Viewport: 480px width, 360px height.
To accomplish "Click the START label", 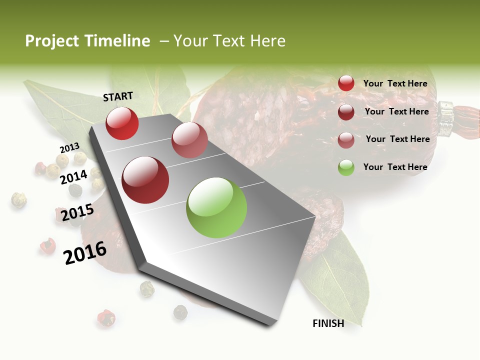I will (x=118, y=96).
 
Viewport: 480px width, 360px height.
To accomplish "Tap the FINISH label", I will (x=328, y=323).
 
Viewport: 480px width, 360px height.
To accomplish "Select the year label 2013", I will (x=69, y=148).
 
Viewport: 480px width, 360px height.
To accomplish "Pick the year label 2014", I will (x=74, y=177).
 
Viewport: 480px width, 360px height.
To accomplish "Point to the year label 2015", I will (x=77, y=212).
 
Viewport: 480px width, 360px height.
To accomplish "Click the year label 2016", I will (x=85, y=252).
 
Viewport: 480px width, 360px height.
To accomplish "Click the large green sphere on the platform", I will (x=216, y=207).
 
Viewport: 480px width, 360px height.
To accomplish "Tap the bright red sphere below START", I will (x=122, y=123).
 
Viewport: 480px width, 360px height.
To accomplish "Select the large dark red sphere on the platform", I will (x=145, y=180).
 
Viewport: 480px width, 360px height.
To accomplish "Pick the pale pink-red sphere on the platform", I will (x=189, y=140).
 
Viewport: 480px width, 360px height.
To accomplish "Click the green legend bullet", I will (x=346, y=167).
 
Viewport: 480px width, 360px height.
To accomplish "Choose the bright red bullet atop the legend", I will (x=346, y=83).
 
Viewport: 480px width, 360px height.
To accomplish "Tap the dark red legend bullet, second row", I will (x=346, y=112).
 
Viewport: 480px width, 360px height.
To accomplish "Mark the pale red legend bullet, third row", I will (x=346, y=140).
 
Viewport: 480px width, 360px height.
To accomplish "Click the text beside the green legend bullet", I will (x=395, y=167).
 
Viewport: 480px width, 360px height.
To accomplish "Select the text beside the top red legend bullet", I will (x=395, y=83).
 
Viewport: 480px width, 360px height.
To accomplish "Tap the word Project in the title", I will (x=51, y=41).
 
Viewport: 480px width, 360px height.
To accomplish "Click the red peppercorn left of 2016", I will (x=47, y=245).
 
